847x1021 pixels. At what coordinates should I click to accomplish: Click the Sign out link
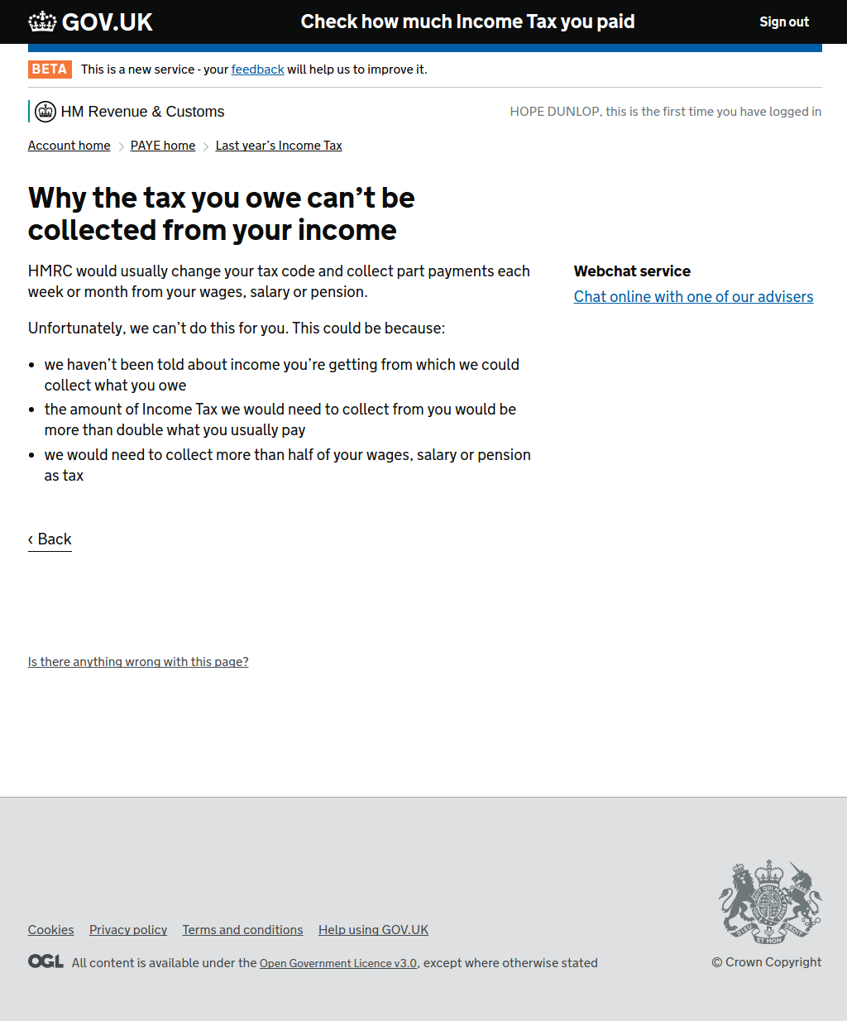784,22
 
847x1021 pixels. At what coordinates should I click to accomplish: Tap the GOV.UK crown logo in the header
43,22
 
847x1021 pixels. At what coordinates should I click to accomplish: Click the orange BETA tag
50,70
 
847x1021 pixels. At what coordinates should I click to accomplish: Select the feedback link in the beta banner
257,70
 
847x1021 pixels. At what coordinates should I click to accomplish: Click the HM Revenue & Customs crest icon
45,112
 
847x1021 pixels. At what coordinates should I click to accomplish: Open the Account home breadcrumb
69,146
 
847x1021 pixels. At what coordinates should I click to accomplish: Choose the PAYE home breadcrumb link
163,146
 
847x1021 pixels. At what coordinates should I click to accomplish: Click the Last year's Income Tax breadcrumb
279,146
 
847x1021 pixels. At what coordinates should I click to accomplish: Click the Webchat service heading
632,271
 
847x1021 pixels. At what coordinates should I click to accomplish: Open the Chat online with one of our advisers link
693,297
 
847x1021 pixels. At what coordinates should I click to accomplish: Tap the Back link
50,539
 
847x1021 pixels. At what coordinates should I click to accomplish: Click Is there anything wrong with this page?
138,662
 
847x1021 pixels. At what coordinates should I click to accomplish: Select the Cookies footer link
50,930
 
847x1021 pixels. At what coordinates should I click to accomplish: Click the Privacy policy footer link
128,930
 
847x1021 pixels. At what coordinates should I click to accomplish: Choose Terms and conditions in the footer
242,930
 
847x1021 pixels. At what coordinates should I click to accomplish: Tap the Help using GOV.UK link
373,930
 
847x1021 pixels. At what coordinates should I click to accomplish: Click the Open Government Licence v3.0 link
338,963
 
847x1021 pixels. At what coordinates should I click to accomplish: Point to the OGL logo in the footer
45,961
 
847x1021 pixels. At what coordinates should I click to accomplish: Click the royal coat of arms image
769,902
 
